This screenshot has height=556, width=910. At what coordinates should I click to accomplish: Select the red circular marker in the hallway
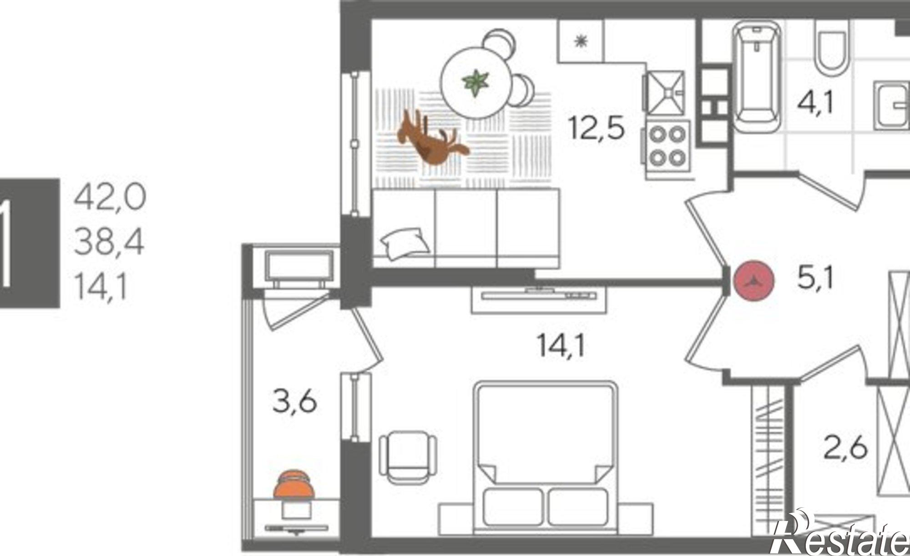tap(754, 280)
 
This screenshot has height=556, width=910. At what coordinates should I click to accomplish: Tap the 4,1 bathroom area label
tap(815, 104)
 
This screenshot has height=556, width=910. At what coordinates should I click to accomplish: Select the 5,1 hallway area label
tap(815, 278)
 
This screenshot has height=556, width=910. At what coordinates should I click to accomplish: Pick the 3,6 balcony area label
tap(294, 402)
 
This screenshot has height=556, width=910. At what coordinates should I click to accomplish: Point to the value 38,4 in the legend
tap(109, 242)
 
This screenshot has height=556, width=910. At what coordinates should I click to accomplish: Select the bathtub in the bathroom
tap(756, 73)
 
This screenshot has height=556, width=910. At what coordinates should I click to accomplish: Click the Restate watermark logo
tap(842, 536)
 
